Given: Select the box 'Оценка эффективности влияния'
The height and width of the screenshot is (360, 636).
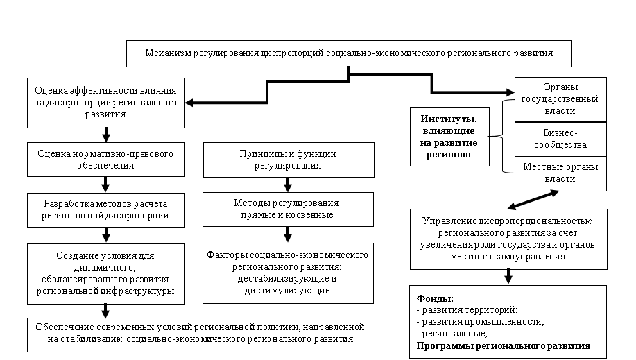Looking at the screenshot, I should click(106, 103).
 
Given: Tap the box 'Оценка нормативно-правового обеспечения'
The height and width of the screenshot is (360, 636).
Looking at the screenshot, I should click(105, 160).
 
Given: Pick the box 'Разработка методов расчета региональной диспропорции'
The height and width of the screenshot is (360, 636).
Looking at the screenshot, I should click(105, 209).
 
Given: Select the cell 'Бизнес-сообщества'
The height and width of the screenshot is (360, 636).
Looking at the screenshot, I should click(560, 139).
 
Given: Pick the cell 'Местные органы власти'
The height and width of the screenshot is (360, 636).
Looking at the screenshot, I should click(560, 173).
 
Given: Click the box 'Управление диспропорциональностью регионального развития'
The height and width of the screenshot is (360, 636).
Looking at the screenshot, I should click(508, 239).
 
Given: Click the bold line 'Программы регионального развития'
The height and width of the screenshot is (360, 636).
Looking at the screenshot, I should click(503, 345).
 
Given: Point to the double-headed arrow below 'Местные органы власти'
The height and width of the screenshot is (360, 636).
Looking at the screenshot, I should click(533, 200).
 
